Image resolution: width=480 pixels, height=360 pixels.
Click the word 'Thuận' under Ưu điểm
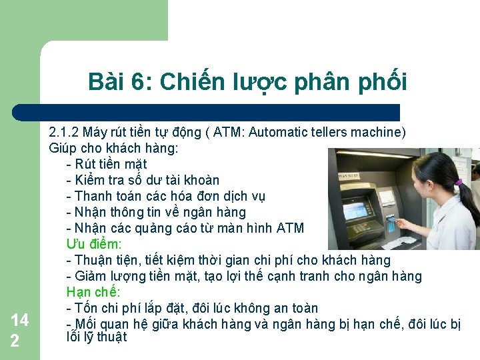(x=94, y=260)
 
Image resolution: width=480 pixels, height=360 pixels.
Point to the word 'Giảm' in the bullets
(x=91, y=276)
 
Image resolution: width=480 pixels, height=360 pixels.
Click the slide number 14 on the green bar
(x=19, y=321)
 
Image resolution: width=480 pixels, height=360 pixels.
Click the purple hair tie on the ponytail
(x=458, y=182)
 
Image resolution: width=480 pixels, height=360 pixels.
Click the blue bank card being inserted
(x=392, y=220)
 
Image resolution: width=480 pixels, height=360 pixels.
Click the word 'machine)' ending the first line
(x=381, y=132)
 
